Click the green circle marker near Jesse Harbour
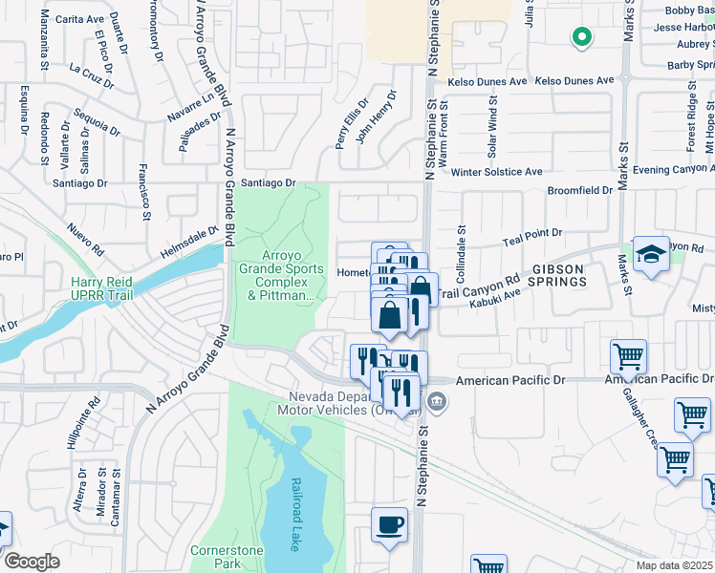click(x=580, y=38)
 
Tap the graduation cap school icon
click(x=651, y=254)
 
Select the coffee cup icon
click(x=389, y=525)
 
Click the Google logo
click(x=32, y=562)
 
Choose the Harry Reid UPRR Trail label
click(x=104, y=288)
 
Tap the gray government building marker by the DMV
click(x=437, y=400)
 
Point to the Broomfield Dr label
click(x=579, y=190)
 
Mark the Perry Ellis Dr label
click(x=351, y=125)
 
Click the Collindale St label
click(x=461, y=246)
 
